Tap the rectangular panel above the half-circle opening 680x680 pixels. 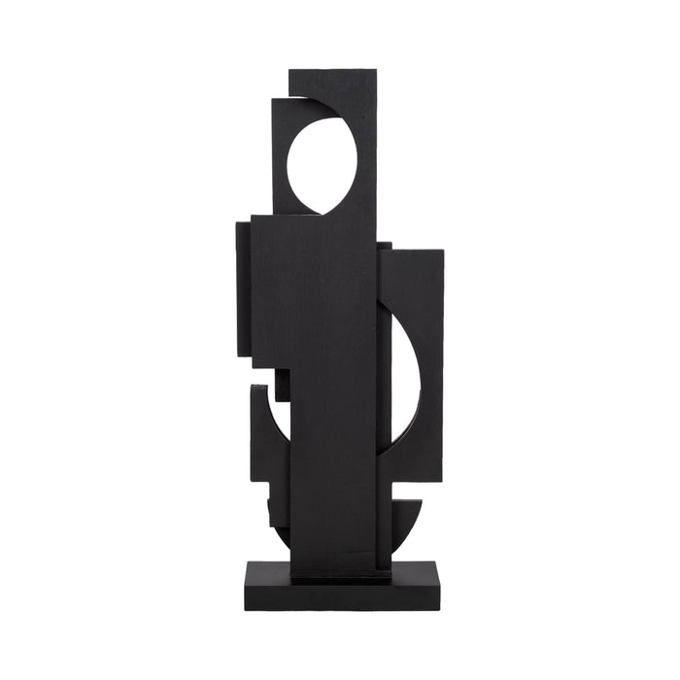click(x=412, y=287)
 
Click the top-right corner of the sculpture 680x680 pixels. click(x=377, y=70)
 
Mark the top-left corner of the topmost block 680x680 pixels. click(x=289, y=71)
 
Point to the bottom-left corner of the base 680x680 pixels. click(x=245, y=609)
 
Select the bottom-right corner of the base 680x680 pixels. click(x=439, y=609)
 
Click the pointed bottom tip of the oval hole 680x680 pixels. click(x=319, y=213)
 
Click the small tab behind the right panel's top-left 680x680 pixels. click(x=385, y=247)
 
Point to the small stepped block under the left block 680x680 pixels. click(x=282, y=384)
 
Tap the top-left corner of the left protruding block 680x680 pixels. click(x=237, y=223)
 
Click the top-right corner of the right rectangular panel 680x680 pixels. click(x=443, y=251)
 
